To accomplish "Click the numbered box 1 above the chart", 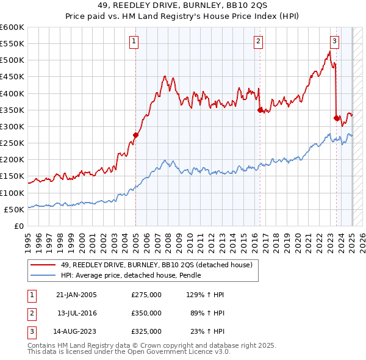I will click(134, 41).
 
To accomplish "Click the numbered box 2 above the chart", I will click(259, 41).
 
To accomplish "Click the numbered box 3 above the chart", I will click(335, 41).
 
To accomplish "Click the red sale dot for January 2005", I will click(135, 135).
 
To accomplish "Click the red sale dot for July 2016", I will click(260, 110).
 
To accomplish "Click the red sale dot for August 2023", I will click(337, 118).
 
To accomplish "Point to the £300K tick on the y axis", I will click(12, 127).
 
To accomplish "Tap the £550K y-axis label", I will click(12, 44).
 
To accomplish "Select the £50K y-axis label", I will click(14, 209).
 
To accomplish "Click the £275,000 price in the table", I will click(146, 295).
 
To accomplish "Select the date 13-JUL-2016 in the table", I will click(76, 313).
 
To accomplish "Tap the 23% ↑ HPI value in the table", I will click(207, 331).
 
